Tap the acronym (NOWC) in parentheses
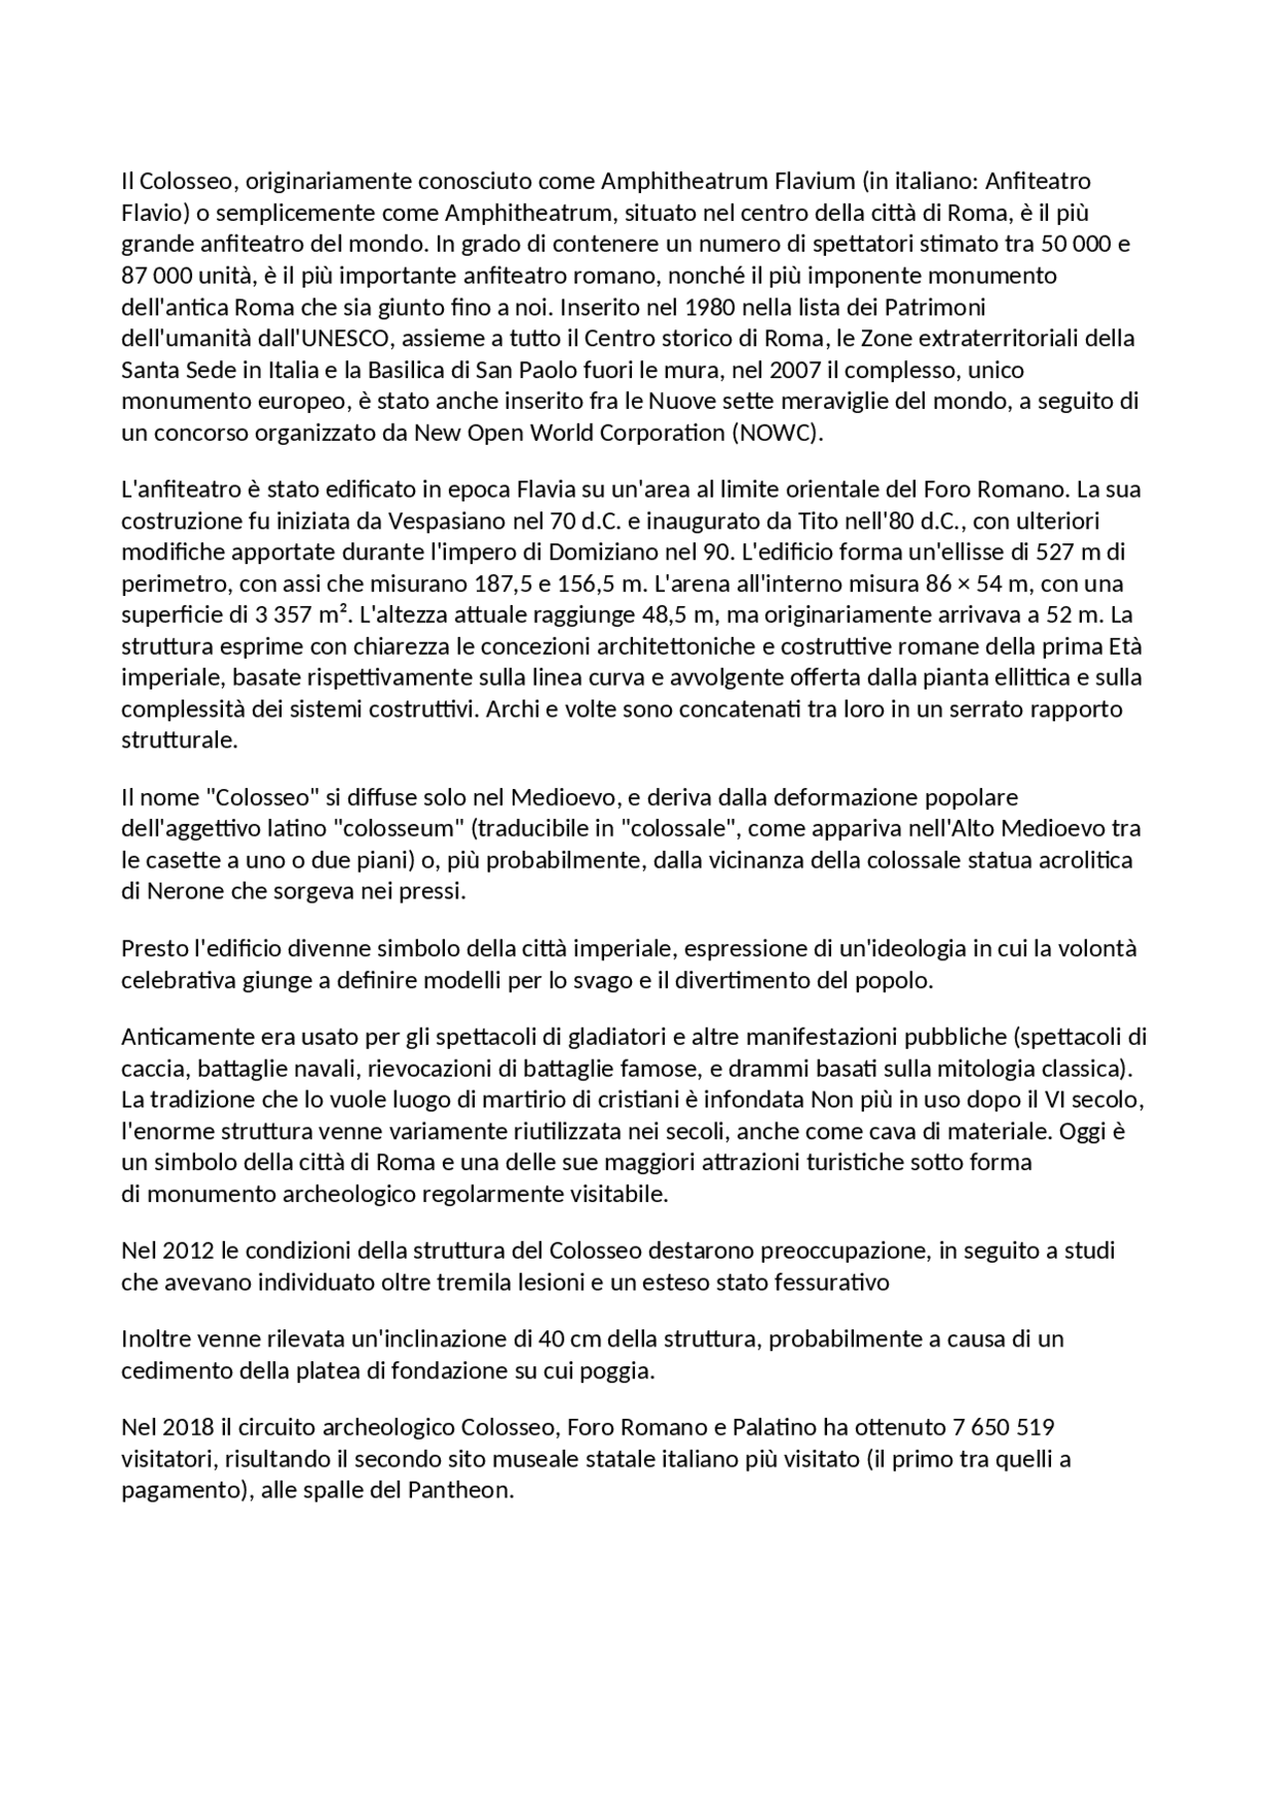click(776, 433)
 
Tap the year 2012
click(187, 1250)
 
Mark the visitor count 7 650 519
click(1003, 1427)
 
